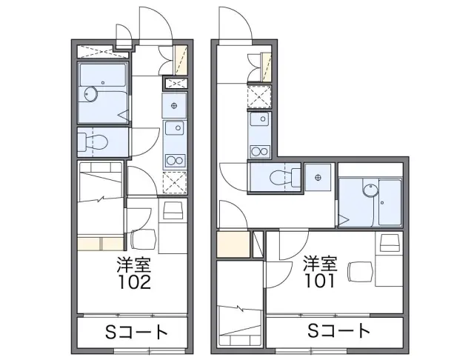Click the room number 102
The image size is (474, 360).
[134, 282]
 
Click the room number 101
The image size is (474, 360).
[319, 281]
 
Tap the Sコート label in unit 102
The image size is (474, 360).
[136, 332]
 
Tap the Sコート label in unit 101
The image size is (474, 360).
[338, 330]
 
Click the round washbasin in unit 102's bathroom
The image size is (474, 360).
[90, 94]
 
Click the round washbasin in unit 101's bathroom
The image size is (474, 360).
[370, 190]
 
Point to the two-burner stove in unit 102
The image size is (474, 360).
[175, 160]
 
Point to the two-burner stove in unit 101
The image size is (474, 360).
[260, 151]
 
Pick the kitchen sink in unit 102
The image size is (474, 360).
[175, 128]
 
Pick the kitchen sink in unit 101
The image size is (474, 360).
[260, 119]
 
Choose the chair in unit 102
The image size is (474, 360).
[144, 239]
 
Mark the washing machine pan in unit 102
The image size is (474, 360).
[174, 106]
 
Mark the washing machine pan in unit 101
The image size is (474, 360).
[318, 177]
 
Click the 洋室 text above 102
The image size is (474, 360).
[134, 264]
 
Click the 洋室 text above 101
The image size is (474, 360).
[321, 263]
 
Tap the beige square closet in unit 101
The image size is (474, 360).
[233, 244]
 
